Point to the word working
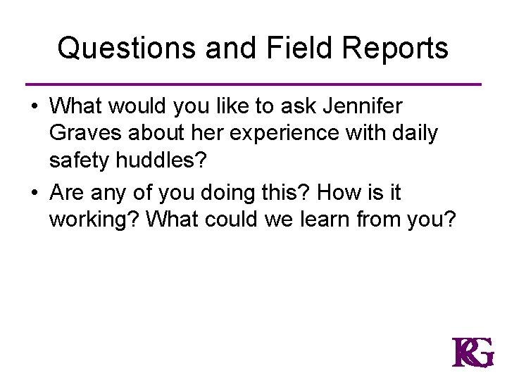pos(94,219)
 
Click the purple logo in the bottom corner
pos(472,353)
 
